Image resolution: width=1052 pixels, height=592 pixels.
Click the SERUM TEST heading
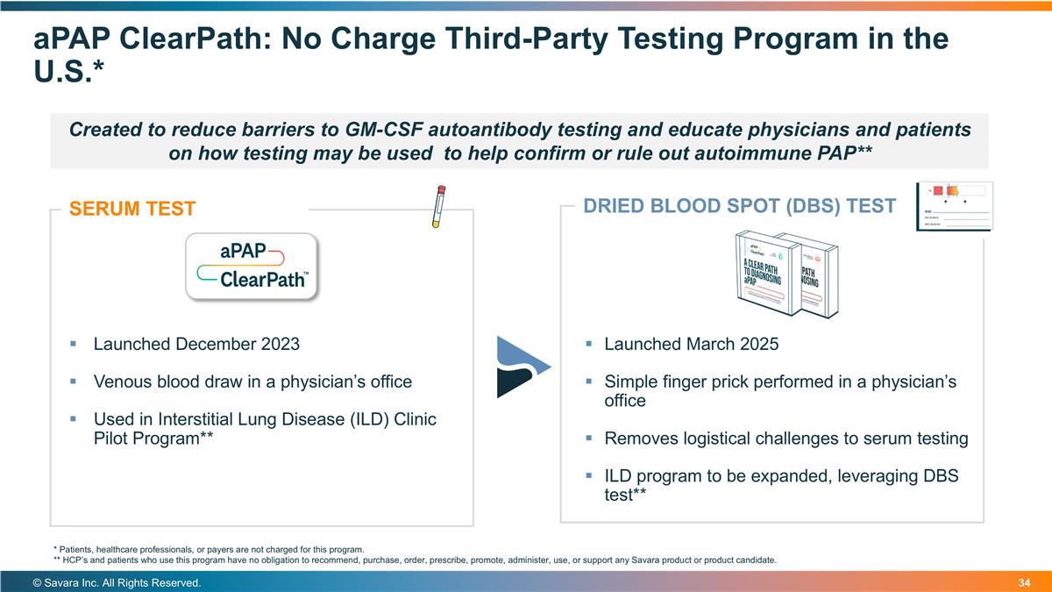pyautogui.click(x=132, y=209)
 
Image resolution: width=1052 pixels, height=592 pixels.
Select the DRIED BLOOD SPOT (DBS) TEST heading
pyautogui.click(x=727, y=206)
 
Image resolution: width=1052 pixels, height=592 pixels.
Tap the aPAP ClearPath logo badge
pyautogui.click(x=252, y=267)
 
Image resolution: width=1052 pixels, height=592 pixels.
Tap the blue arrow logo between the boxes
pyautogui.click(x=523, y=366)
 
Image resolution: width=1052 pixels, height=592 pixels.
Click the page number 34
pyautogui.click(x=1026, y=583)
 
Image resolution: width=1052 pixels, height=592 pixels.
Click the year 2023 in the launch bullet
pyautogui.click(x=281, y=344)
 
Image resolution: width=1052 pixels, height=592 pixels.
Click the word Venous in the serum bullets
pyautogui.click(x=123, y=382)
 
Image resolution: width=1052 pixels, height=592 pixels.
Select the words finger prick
pyautogui.click(x=702, y=382)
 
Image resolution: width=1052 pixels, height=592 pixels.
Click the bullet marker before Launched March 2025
pyautogui.click(x=589, y=344)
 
